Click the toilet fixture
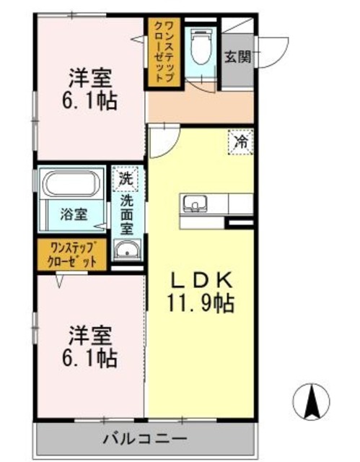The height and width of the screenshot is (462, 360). (201, 46)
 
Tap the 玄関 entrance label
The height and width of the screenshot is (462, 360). (238, 56)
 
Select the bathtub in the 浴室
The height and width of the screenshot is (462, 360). (71, 183)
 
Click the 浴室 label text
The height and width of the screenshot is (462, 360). (74, 214)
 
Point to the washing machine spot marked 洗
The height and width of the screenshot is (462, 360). (126, 179)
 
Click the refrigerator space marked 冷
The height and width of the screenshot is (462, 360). (241, 142)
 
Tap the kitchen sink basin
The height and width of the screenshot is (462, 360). (195, 204)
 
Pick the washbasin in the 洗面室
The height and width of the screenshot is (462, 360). (127, 250)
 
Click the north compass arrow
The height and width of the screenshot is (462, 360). (312, 401)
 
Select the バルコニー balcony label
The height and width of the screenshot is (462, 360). (145, 439)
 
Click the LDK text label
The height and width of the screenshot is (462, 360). (201, 281)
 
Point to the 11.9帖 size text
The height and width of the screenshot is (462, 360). (201, 303)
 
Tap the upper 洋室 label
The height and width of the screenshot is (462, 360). (90, 79)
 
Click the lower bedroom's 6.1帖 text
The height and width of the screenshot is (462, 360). (89, 358)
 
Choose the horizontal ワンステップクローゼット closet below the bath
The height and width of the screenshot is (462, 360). (71, 254)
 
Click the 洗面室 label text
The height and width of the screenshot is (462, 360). (127, 215)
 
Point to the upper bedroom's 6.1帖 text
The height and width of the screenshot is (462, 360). (89, 100)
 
